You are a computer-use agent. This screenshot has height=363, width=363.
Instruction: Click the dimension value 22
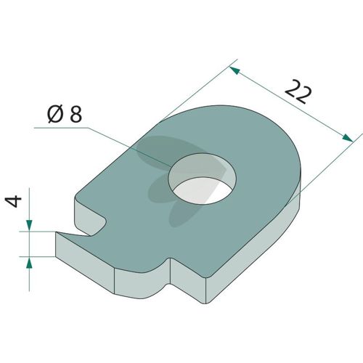coord(298,91)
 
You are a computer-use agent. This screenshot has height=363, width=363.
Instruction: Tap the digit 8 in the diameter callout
coord(76,114)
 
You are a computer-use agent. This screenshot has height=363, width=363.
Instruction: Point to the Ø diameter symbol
coord(56,114)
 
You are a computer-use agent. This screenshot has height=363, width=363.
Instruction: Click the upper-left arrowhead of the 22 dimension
coord(234,70)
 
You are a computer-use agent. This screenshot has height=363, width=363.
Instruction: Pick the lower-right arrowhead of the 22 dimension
coord(348,138)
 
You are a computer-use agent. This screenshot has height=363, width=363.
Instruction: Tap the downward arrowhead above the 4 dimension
coord(29,225)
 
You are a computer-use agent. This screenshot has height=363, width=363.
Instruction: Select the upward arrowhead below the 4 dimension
coord(29,263)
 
